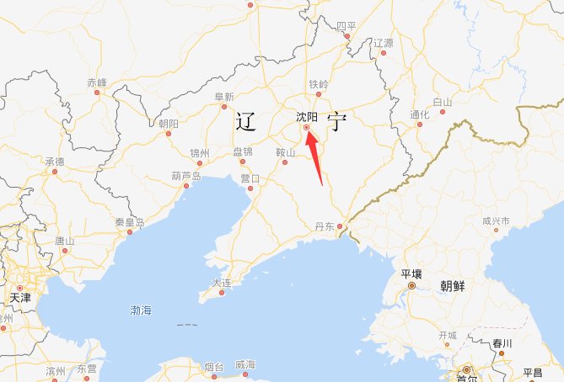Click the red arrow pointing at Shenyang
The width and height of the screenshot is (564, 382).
pyautogui.click(x=315, y=157)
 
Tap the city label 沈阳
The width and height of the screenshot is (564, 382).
pyautogui.click(x=307, y=117)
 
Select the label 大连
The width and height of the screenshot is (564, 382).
pyautogui.click(x=222, y=284)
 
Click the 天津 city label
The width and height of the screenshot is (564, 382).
pyautogui.click(x=19, y=298)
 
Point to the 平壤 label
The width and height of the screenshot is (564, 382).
pyautogui.click(x=411, y=274)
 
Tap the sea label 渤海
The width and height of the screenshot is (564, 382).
pyautogui.click(x=142, y=310)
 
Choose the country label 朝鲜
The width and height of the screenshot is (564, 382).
pyautogui.click(x=453, y=284)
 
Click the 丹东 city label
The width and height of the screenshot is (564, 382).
pyautogui.click(x=325, y=226)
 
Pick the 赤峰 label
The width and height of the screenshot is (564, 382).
pyautogui.click(x=97, y=82)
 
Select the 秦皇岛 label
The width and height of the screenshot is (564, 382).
pyautogui.click(x=129, y=223)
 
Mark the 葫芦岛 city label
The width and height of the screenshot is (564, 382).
pyautogui.click(x=185, y=176)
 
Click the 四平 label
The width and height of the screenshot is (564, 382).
pyautogui.click(x=346, y=27)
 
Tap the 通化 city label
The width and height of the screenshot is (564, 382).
pyautogui.click(x=419, y=114)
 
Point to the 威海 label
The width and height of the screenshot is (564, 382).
pyautogui.click(x=244, y=363)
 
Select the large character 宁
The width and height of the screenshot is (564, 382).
pyautogui.click(x=337, y=123)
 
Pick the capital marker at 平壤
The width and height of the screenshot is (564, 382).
pyautogui.click(x=411, y=286)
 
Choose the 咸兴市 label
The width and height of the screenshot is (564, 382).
pyautogui.click(x=496, y=220)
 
